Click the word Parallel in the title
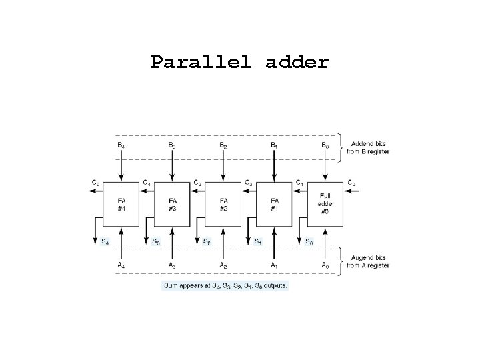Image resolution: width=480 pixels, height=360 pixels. [202, 63]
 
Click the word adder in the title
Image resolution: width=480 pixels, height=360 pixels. [297, 63]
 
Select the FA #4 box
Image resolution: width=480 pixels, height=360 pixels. [121, 203]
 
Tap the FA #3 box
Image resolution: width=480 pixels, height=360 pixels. [173, 203]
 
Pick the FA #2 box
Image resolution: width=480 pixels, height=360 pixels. [223, 203]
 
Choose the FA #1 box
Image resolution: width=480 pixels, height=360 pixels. [273, 203]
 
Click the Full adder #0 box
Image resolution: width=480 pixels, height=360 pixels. [325, 203]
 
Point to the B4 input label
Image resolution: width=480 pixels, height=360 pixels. [120, 145]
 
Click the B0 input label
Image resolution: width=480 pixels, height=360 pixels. [325, 145]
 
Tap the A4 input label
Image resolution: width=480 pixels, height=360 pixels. [120, 265]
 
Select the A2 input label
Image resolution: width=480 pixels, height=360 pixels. [223, 265]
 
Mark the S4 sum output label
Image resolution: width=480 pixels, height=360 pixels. [105, 241]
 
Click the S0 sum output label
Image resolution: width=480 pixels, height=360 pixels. [309, 241]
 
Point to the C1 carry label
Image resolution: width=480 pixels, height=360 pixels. [299, 182]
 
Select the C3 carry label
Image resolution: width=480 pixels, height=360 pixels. [197, 182]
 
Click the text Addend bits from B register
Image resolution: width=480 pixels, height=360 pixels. [367, 148]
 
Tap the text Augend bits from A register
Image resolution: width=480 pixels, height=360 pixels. [367, 262]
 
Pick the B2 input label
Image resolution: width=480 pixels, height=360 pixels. [223, 145]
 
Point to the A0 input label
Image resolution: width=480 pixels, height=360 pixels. [325, 265]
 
